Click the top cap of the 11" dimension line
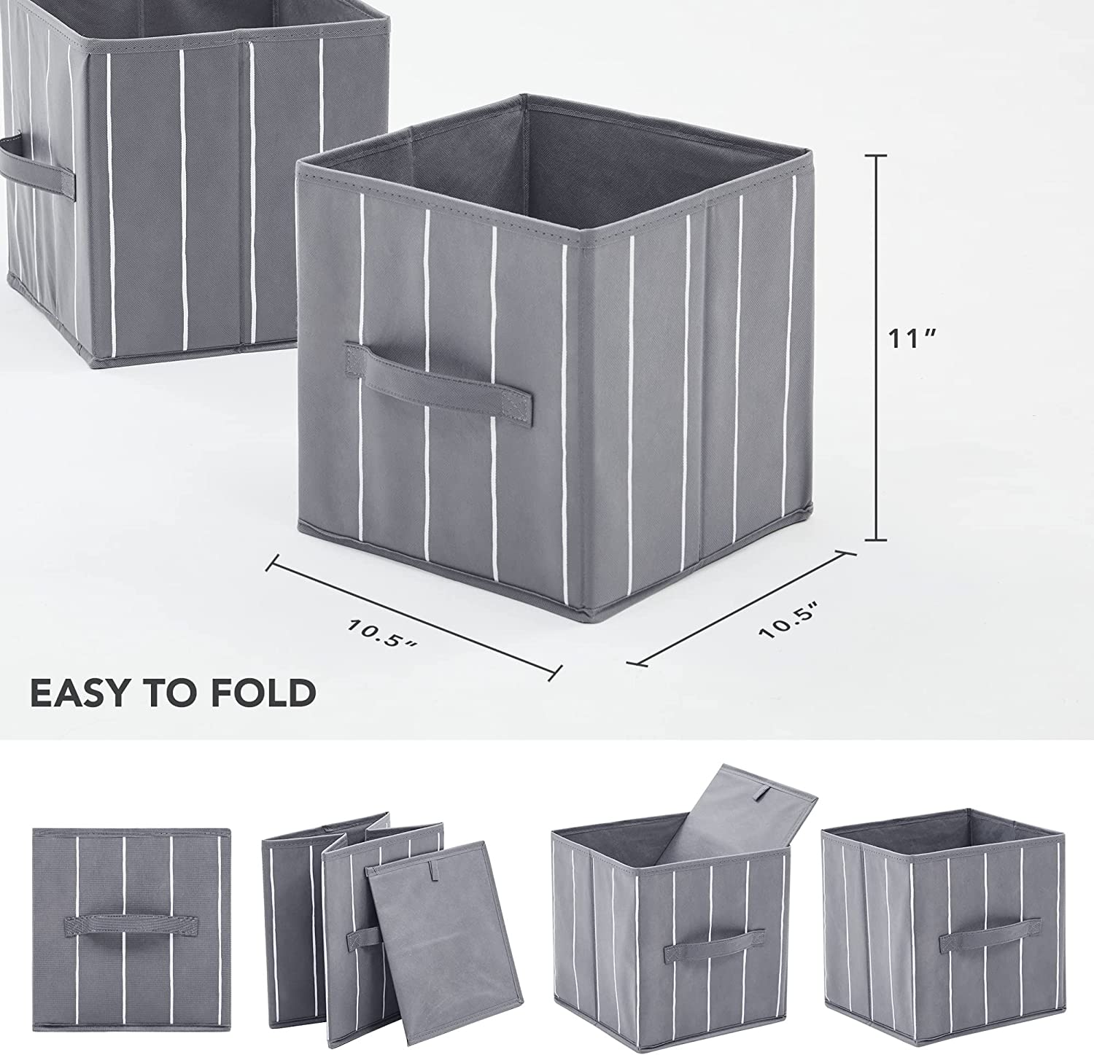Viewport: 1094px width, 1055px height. click(x=876, y=155)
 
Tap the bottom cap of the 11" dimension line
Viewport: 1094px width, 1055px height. click(x=876, y=540)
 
